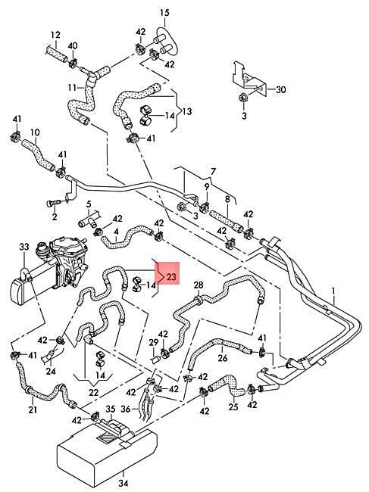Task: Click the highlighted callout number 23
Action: point(172,277)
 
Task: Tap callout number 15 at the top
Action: point(164,13)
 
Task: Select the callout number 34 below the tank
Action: point(124,483)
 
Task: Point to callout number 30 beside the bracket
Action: point(281,90)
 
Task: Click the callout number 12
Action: point(55,35)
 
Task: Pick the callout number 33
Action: point(24,247)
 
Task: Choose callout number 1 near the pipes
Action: point(333,291)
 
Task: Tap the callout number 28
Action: point(199,285)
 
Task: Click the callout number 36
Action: point(125,409)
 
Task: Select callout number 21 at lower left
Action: point(33,409)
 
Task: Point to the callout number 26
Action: point(222,358)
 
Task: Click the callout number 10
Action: point(35,132)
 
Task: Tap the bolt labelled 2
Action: point(53,204)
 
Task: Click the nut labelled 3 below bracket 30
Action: point(244,98)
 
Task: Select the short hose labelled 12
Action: point(57,54)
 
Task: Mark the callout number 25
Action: point(233,407)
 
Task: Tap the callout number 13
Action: point(187,111)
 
